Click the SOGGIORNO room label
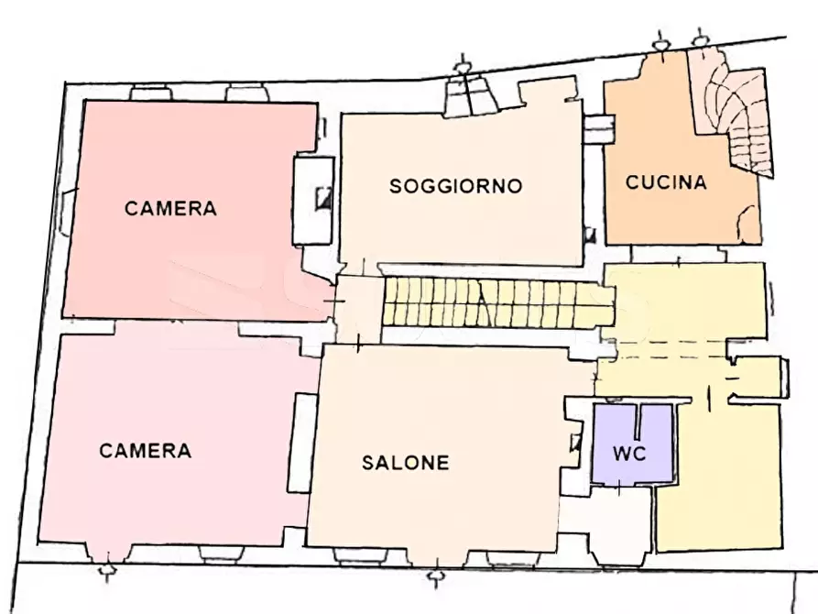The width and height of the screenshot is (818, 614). click(455, 186)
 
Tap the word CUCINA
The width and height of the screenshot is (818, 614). click(666, 182)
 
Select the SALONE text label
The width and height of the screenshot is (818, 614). click(405, 463)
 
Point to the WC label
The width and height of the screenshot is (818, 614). click(630, 454)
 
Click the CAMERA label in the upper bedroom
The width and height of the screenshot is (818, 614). click(171, 209)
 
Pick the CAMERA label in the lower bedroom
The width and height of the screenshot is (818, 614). click(146, 451)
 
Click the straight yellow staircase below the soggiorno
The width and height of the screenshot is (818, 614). click(495, 302)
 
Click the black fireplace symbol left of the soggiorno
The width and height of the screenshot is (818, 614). click(322, 198)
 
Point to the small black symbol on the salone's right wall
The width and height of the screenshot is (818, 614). click(575, 444)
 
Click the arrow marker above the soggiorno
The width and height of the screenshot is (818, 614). click(465, 66)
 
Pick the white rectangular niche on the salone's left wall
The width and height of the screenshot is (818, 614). click(301, 443)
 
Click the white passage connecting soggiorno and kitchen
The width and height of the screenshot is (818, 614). click(596, 129)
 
